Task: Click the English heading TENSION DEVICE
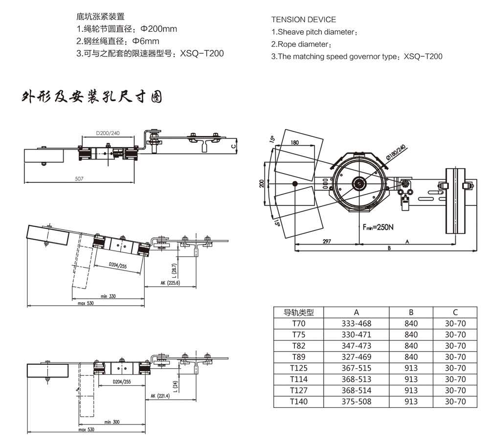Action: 303,20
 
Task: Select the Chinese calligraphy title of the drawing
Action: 92,96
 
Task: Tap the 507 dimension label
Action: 79,179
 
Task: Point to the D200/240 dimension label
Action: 108,133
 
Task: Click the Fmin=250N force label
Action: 379,227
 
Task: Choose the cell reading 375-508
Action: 356,402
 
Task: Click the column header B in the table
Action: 411,312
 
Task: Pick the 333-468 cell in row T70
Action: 356,323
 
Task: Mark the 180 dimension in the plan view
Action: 294,143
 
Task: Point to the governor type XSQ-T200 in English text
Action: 423,56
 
